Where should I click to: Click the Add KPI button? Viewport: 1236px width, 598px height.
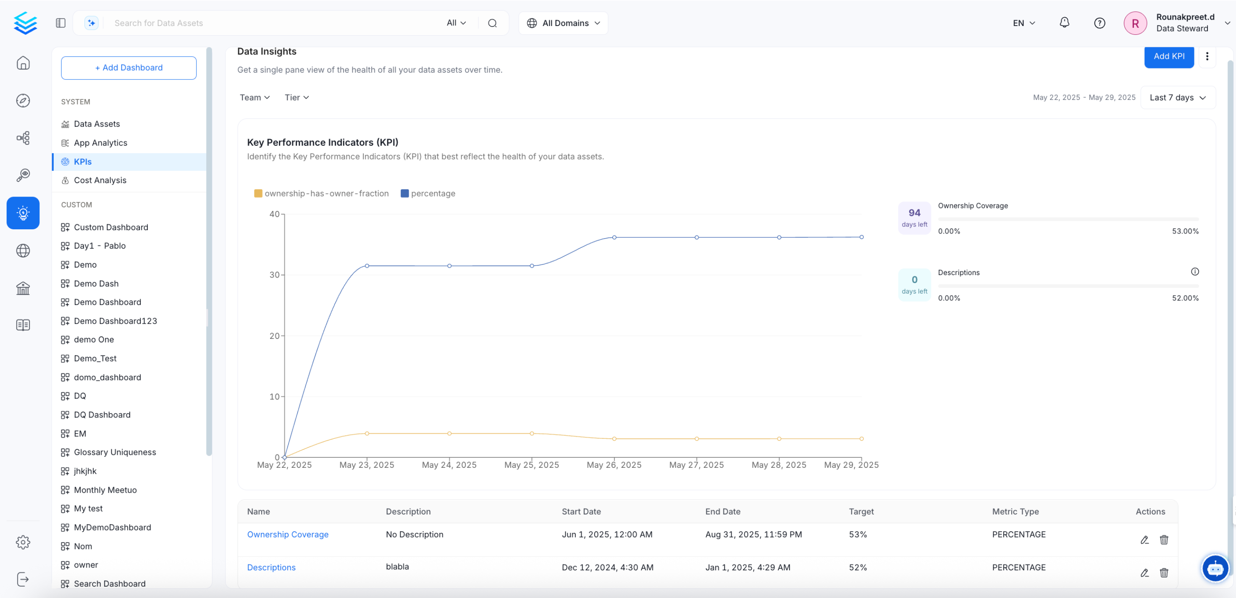click(1168, 57)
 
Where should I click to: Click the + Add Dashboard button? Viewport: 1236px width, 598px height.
click(129, 68)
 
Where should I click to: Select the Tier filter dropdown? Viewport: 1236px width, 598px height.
click(297, 97)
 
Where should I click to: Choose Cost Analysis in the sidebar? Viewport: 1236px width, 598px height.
click(100, 181)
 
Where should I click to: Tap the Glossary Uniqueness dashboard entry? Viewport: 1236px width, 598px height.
click(115, 452)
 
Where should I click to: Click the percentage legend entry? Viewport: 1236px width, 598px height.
click(428, 194)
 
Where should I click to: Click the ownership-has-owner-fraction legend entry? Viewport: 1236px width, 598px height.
click(321, 194)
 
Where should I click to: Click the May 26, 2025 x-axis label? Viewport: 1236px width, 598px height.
click(614, 465)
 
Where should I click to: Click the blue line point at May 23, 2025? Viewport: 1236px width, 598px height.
click(367, 266)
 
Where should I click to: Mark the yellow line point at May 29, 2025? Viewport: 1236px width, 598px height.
click(861, 439)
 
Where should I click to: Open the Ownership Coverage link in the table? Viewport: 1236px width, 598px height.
click(287, 535)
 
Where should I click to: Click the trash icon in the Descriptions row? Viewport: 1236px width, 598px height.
click(1163, 572)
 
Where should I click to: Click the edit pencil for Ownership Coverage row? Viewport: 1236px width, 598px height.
click(1144, 540)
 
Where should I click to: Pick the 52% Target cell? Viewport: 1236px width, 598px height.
click(858, 567)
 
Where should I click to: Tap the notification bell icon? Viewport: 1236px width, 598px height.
click(1064, 23)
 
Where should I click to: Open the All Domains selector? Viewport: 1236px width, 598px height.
click(563, 23)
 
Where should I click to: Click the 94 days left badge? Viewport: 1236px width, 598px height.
click(914, 218)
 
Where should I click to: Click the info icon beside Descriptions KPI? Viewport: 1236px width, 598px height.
click(1194, 272)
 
